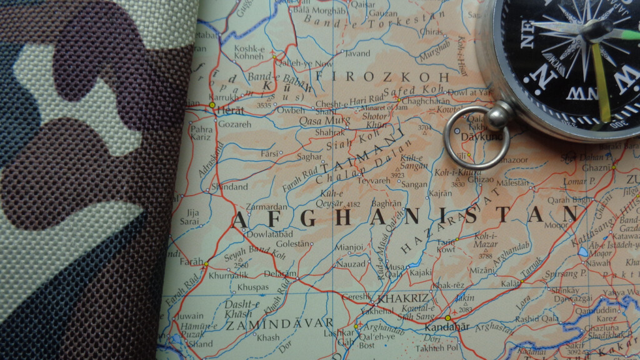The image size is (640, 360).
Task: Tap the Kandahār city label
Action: (x=446, y=327)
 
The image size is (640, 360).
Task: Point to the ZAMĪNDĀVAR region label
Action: (x=279, y=324)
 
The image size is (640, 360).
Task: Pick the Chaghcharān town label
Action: (x=426, y=100)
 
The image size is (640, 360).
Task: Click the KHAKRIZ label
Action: (x=402, y=298)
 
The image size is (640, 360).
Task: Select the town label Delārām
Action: (x=280, y=273)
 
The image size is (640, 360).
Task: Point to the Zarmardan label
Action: (x=266, y=207)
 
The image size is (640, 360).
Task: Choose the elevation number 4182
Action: (x=353, y=204)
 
